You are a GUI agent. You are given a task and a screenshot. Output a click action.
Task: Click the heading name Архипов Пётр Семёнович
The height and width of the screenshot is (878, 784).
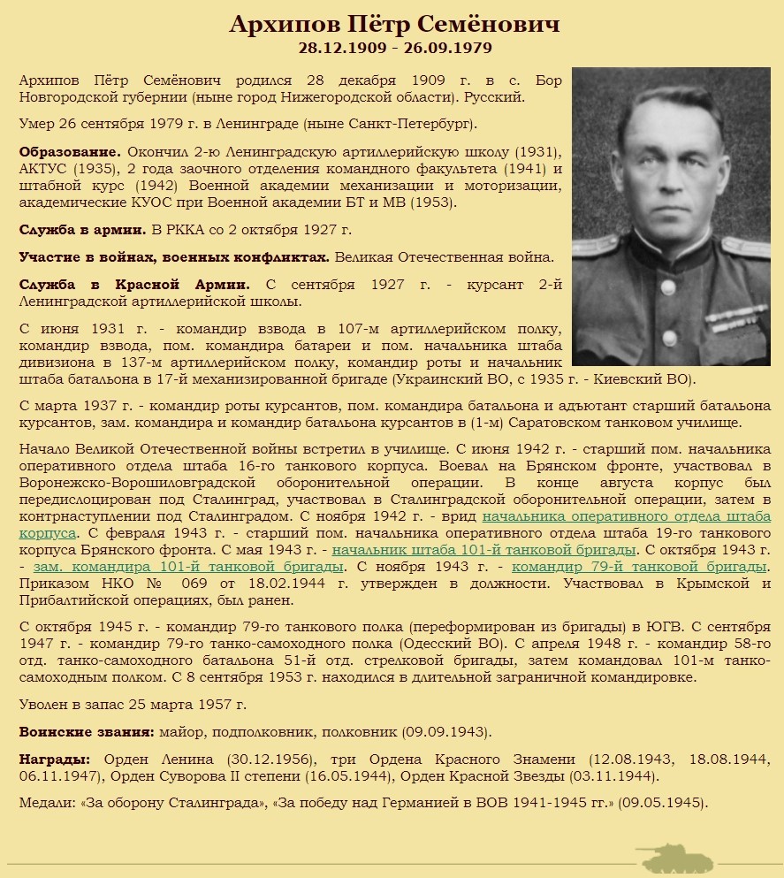(x=394, y=24)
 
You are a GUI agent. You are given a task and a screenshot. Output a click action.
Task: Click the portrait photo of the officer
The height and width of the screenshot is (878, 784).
(x=670, y=216)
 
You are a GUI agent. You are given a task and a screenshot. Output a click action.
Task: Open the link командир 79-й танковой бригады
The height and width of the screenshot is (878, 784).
(x=638, y=566)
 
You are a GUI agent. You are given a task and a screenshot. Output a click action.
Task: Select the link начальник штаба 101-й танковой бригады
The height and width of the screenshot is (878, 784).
(x=484, y=549)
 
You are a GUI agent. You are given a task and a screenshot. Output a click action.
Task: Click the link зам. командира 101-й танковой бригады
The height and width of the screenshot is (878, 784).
(x=188, y=566)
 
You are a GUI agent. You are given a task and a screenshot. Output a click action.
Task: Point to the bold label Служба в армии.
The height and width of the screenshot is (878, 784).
(x=83, y=230)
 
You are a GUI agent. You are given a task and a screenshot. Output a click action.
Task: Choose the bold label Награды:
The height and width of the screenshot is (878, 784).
(x=55, y=760)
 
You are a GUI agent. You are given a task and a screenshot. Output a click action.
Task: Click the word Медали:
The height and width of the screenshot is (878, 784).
(x=47, y=803)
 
